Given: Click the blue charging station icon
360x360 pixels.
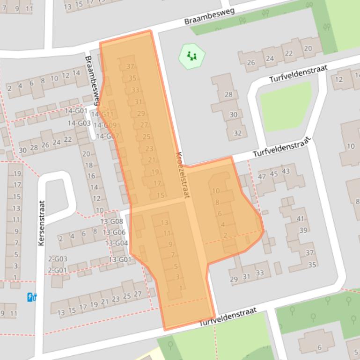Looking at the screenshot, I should point(32,297).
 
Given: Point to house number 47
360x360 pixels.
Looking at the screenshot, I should point(262,176).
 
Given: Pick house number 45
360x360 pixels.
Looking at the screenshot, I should point(274,174).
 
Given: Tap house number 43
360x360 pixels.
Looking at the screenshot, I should point(286,171).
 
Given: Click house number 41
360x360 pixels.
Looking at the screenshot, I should point(300,218).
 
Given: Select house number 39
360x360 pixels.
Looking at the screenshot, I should point(303,230).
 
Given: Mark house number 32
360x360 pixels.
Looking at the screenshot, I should point(237,133).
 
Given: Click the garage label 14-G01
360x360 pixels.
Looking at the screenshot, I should point(76,111).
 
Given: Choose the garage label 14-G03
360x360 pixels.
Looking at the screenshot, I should point(79,123).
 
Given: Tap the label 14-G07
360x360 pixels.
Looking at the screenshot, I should point(107,136).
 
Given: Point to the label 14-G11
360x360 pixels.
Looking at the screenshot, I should point(103,114).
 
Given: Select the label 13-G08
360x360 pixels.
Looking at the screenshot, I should point(111,221).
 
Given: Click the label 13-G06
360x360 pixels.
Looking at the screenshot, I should point(114,232).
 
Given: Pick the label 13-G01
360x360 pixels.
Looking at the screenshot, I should point(120,259).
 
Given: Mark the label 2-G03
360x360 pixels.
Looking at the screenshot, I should point(58,259).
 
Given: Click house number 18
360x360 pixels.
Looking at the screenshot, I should point(88,165).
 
